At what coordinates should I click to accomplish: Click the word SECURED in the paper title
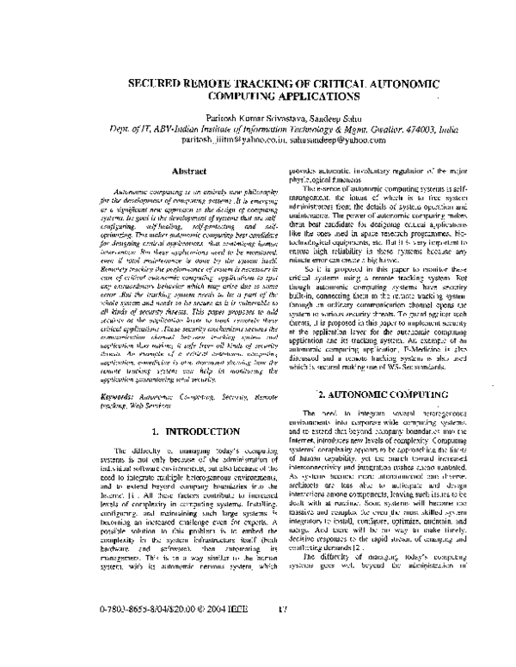[x=156, y=86]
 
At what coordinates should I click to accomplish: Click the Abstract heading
[x=188, y=172]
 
